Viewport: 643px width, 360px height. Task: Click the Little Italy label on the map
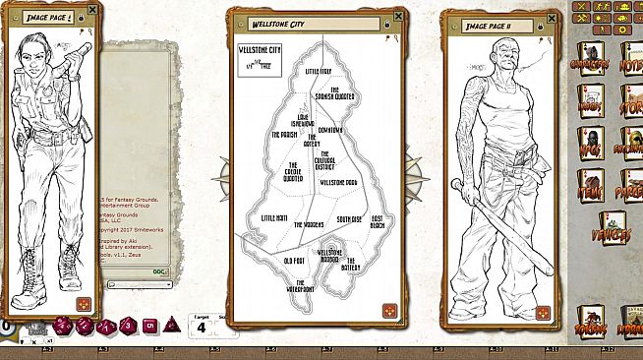pos(319,72)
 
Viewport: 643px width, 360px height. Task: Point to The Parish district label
pos(283,134)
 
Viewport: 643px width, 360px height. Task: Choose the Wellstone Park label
pos(338,183)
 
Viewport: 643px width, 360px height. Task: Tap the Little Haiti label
pos(275,217)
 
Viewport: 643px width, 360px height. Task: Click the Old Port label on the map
pos(293,261)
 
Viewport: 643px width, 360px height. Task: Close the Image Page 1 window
pos(92,11)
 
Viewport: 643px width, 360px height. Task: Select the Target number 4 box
pos(201,328)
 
